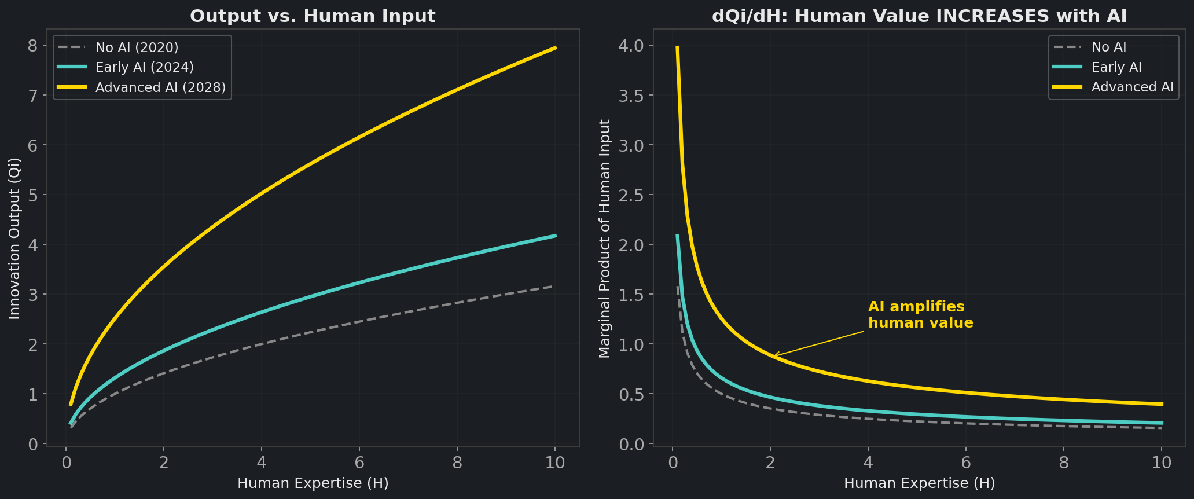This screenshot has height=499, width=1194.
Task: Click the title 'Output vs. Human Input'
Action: tap(313, 16)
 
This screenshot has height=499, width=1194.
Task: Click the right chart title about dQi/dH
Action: tap(919, 16)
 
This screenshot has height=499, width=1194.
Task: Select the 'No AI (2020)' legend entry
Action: tap(137, 47)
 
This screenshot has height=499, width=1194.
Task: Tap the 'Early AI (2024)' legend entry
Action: tap(145, 67)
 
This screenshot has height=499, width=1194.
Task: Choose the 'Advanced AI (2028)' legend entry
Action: tap(160, 87)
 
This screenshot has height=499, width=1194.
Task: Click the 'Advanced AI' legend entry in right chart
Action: tap(1132, 87)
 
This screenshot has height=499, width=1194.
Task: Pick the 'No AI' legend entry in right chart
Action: tap(1108, 47)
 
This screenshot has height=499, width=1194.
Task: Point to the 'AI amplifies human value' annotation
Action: tap(920, 315)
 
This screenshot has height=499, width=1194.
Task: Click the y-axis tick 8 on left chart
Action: tap(33, 46)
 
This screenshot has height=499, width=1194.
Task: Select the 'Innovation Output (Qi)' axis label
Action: tap(15, 238)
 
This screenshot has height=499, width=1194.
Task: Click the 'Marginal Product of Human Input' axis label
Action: tap(605, 238)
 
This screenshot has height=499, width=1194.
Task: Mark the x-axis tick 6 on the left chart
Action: tap(359, 463)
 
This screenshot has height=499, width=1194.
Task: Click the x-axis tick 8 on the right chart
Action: tap(1063, 463)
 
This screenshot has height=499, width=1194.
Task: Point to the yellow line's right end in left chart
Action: tap(556, 47)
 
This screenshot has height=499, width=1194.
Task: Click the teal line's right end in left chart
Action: tap(556, 236)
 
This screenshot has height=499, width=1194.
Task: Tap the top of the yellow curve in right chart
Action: tap(677, 48)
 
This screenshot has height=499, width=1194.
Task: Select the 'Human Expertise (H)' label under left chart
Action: tap(313, 483)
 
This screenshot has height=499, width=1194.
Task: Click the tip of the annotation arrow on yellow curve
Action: tap(774, 355)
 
